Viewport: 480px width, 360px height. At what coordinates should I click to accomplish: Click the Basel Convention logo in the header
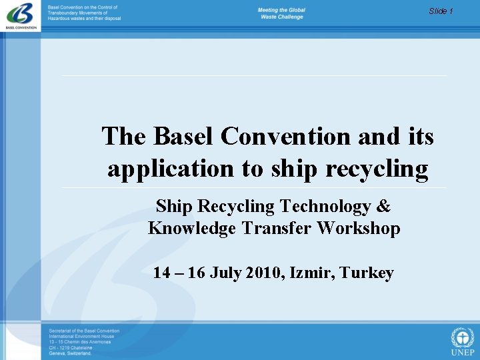(21, 15)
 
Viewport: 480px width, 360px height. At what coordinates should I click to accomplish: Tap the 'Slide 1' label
(441, 11)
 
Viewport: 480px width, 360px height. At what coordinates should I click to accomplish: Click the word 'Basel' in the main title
(185, 137)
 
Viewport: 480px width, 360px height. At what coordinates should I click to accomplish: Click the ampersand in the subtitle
(385, 207)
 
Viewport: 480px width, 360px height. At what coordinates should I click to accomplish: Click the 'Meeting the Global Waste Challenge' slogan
(281, 13)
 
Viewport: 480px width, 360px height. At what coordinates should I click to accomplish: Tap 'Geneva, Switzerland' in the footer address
(70, 353)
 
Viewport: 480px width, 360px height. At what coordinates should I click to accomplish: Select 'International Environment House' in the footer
(81, 337)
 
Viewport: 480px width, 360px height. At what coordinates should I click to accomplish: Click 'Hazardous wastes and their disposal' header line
(85, 19)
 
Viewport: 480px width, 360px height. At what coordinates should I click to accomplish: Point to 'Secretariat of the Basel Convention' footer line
(84, 331)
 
